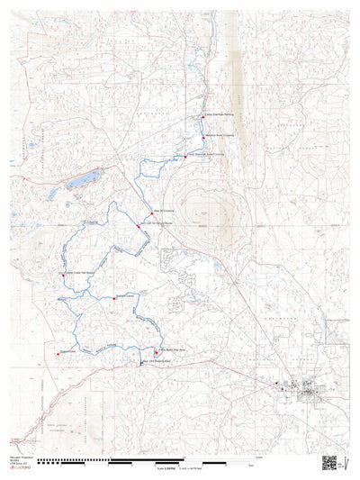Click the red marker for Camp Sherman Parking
point(202,116)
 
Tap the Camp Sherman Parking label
point(219,114)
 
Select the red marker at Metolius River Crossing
point(203,137)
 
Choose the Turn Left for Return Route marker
point(138,227)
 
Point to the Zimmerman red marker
point(58,354)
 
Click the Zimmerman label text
point(68,351)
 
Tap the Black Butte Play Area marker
point(155,352)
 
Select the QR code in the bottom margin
point(328,463)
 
